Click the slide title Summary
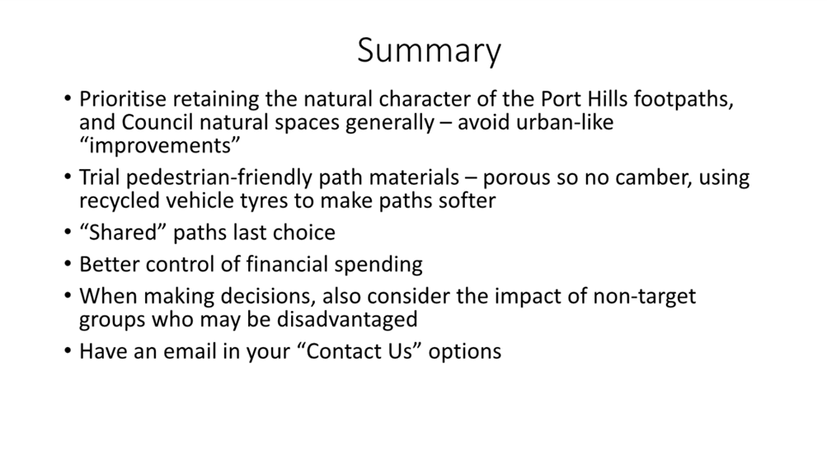pyautogui.click(x=429, y=51)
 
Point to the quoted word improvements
pyautogui.click(x=160, y=146)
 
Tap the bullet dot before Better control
pyautogui.click(x=67, y=263)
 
